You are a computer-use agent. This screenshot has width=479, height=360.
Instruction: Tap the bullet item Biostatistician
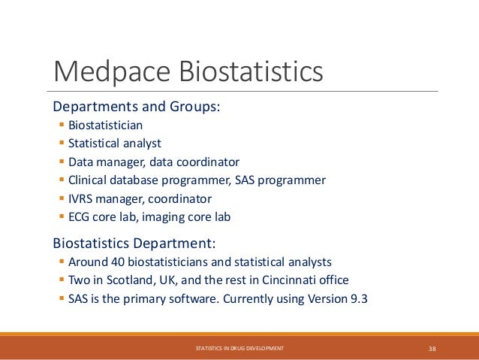[105, 125]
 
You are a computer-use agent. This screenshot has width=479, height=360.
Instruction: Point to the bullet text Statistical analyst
[114, 143]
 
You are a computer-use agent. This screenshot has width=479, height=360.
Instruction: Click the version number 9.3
[358, 298]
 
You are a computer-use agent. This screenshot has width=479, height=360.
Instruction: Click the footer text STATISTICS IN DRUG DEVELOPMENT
[239, 349]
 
